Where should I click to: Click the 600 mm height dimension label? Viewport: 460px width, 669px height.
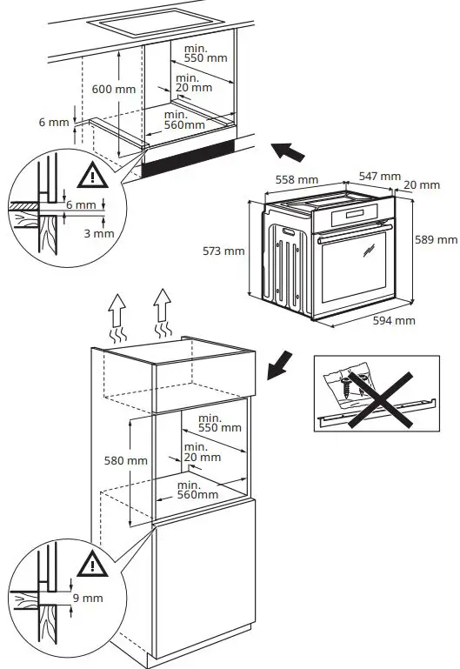click(x=113, y=89)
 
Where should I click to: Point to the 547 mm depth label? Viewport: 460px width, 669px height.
click(x=379, y=177)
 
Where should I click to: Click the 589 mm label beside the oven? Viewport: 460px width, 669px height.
click(x=435, y=239)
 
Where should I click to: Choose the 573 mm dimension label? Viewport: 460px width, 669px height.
click(x=223, y=251)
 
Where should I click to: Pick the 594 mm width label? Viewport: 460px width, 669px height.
click(x=393, y=320)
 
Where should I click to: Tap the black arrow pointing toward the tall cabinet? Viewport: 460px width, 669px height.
click(x=281, y=365)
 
